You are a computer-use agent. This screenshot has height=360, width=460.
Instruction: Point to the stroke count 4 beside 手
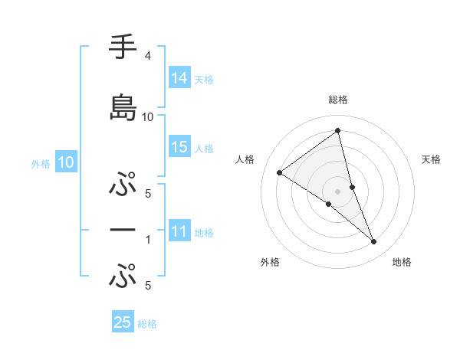[x=147, y=56]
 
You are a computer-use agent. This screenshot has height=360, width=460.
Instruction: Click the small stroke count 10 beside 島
[x=148, y=116]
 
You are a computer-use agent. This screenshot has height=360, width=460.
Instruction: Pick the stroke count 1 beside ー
[x=148, y=240]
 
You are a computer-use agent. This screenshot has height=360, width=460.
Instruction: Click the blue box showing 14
[x=179, y=78]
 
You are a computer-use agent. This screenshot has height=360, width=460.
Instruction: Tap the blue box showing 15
[x=179, y=148]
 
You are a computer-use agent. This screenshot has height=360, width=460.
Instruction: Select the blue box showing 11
[x=179, y=232]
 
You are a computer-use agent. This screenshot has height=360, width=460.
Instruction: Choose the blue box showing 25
[x=123, y=322]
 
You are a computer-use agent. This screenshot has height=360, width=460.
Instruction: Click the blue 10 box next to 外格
[x=66, y=162]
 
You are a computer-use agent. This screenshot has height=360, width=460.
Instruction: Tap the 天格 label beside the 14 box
[x=204, y=79]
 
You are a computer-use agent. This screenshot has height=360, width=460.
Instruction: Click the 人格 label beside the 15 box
[x=204, y=149]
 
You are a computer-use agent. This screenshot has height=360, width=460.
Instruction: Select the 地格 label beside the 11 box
[x=204, y=233]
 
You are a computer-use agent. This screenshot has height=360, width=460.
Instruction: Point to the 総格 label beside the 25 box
[x=147, y=323]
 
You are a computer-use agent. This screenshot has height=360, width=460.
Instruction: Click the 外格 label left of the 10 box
[x=41, y=163]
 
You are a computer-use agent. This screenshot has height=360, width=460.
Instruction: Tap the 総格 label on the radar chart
[x=337, y=100]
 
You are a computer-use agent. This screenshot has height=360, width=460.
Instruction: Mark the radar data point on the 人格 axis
[x=280, y=172]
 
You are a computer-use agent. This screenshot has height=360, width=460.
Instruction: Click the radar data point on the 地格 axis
[x=374, y=242]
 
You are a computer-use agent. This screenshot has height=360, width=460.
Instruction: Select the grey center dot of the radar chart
[x=337, y=191]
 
